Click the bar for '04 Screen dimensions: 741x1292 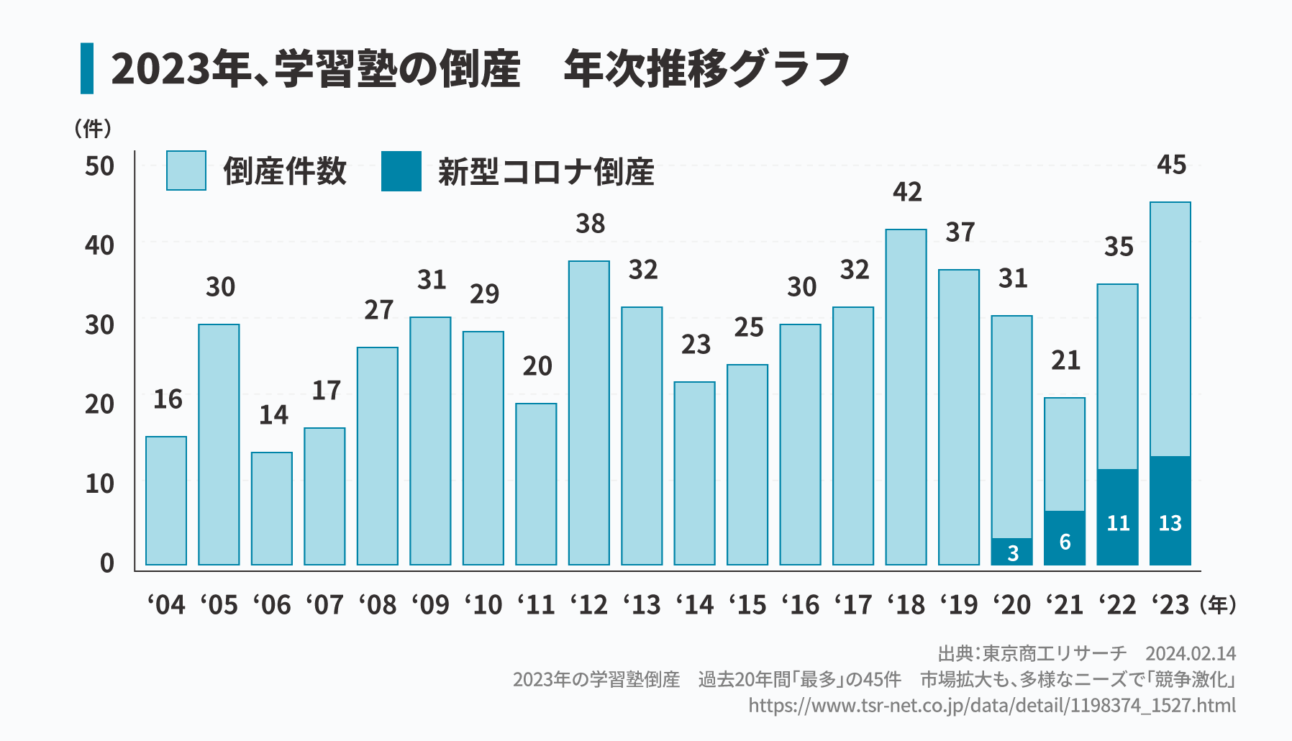(166, 501)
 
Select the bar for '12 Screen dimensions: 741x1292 (589, 413)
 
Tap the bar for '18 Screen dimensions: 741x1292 (906, 397)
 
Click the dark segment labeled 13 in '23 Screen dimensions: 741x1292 (1170, 511)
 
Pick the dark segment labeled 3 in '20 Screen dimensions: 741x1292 (1011, 552)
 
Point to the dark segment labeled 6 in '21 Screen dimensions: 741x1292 (1065, 538)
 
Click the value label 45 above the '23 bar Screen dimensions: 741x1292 (1171, 165)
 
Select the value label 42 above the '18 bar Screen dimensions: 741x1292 (907, 192)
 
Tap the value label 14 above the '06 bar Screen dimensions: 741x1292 (273, 415)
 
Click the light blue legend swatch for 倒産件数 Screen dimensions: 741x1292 (186, 171)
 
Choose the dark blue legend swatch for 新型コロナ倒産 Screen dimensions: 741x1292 (401, 171)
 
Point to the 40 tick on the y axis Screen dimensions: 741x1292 (100, 246)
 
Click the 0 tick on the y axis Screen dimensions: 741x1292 (107, 563)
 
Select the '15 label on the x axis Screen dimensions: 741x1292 (748, 605)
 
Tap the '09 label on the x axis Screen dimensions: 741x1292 (431, 605)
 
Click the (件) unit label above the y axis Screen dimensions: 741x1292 (93, 129)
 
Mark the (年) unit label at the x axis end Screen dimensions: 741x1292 (1218, 605)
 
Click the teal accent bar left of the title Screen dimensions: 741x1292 (87, 68)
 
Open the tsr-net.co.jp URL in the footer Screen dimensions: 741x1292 (992, 705)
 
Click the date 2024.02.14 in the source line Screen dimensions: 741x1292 (1191, 653)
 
